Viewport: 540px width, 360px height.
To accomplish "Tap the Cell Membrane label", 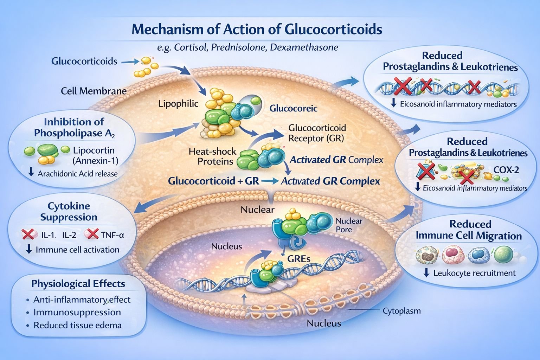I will (x=94, y=91).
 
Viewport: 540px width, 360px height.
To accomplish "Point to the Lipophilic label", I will (x=178, y=104).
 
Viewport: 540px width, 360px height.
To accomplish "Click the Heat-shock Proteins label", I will (x=212, y=156).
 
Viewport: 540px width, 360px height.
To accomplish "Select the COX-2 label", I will (x=506, y=170).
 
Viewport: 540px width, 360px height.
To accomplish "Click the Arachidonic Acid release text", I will (x=77, y=173).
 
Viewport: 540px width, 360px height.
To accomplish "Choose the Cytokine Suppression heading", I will (x=69, y=211).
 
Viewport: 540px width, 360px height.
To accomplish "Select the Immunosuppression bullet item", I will (x=77, y=312).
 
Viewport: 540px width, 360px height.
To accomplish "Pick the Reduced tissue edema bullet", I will (x=77, y=325).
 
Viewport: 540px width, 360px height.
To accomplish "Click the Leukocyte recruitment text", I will (x=474, y=273).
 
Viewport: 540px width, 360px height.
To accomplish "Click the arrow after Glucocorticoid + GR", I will (x=270, y=181).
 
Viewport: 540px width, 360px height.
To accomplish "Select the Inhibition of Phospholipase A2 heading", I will (x=74, y=127).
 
